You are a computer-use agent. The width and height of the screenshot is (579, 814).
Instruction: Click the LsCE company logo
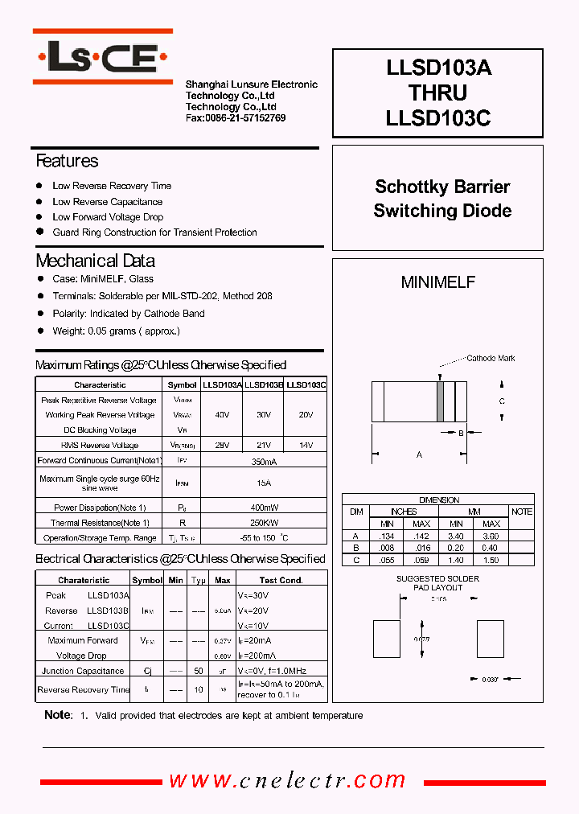coord(102,56)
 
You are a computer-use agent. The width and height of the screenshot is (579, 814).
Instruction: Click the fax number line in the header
coord(235,118)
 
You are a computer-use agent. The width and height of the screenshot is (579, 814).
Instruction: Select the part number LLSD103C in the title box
coord(437,118)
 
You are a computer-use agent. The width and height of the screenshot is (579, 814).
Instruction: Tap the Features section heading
coord(67,161)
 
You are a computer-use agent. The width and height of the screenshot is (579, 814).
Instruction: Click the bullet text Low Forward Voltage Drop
coord(108,217)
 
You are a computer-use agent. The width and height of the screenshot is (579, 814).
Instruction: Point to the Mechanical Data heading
coord(95,261)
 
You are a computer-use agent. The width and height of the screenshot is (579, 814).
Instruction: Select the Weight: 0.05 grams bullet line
coord(116,331)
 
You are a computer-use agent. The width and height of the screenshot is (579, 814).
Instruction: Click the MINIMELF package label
coord(437,282)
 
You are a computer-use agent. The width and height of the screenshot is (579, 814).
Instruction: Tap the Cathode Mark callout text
coord(491,358)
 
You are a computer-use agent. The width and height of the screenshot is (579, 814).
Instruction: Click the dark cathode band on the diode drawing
coord(440,400)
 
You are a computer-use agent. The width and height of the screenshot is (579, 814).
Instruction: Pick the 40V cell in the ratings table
coord(223,415)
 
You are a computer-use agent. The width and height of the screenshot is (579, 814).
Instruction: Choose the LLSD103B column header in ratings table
coord(264,385)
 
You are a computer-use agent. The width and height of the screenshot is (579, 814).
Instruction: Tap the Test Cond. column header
coord(281,580)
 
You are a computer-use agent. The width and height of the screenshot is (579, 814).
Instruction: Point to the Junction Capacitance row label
coord(83,671)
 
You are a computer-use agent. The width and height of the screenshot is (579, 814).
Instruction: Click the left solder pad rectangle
coord(388,640)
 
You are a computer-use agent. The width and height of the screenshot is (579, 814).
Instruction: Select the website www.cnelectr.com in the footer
coord(287,779)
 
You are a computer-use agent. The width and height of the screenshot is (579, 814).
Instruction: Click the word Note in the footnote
coord(57,715)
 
